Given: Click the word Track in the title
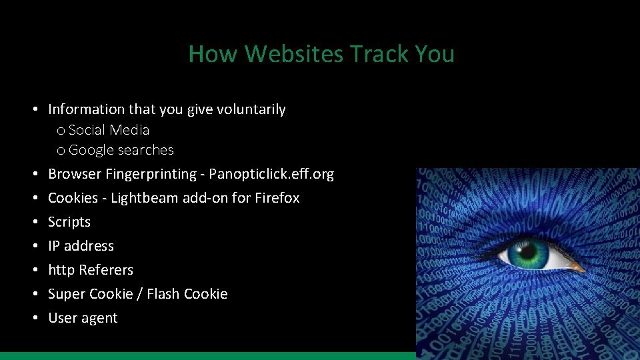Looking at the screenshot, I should point(375,54).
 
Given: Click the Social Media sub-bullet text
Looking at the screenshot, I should point(109,130).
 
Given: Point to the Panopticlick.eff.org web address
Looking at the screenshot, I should point(271,174).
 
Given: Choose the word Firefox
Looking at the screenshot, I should point(277,198).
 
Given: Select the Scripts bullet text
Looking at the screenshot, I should point(69,222).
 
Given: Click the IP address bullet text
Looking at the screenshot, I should point(81,246).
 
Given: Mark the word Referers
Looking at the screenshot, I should point(106,270).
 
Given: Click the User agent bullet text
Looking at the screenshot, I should point(83,318).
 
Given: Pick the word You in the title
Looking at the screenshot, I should point(433,54).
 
